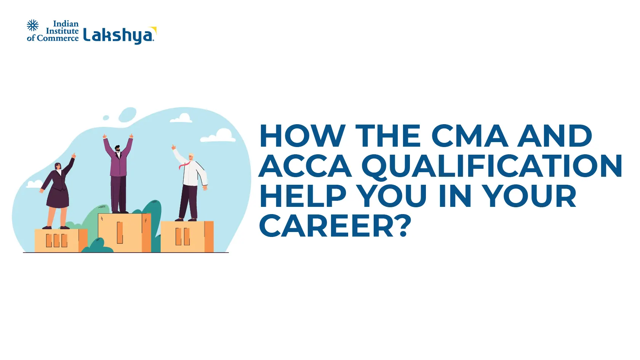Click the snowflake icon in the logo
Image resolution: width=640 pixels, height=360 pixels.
tap(33, 26)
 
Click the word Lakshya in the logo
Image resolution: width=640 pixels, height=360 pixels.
tap(118, 35)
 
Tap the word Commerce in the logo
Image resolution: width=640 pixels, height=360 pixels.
tap(58, 38)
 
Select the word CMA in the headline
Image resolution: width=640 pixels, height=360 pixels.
tap(469, 136)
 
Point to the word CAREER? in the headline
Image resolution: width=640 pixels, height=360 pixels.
tap(335, 226)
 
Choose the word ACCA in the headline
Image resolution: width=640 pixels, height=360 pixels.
tap(305, 166)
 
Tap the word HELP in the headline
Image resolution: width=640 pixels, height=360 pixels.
tap(302, 196)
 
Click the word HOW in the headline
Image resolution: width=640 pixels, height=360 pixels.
tap(302, 136)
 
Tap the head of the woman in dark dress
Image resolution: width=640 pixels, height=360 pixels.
tap(58, 166)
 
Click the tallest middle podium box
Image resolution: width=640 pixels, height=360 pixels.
tap(124, 232)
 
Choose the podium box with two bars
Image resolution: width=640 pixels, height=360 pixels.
tap(186, 237)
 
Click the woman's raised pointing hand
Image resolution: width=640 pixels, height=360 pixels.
tap(74, 155)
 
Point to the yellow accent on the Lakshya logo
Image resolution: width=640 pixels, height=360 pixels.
tap(154, 29)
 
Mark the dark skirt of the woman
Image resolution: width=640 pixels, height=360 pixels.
tap(58, 198)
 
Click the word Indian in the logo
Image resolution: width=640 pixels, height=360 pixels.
tap(66, 24)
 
